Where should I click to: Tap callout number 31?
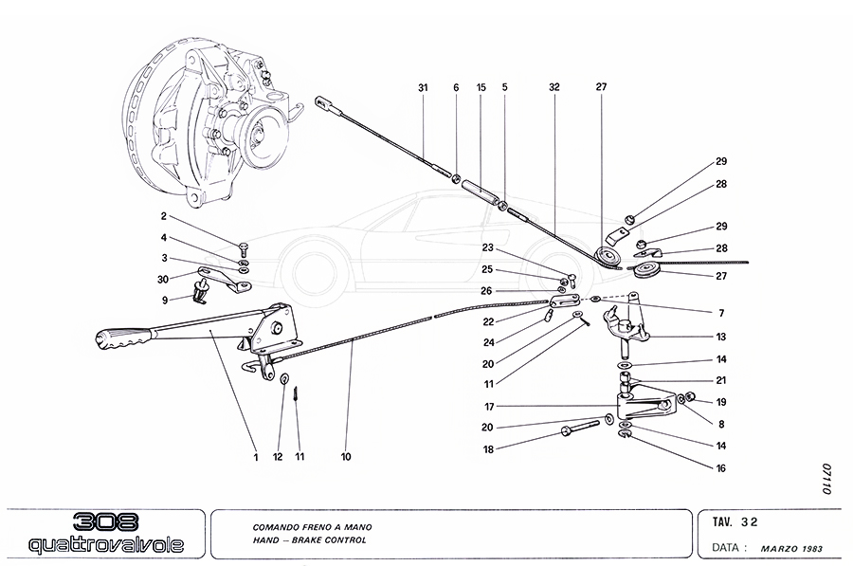coord(423,87)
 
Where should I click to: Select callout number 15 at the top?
coord(481,87)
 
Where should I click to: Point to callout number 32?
coord(554,87)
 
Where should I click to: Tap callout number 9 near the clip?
coord(164,300)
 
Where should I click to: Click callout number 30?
coord(164,279)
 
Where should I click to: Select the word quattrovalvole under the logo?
coord(102,545)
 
